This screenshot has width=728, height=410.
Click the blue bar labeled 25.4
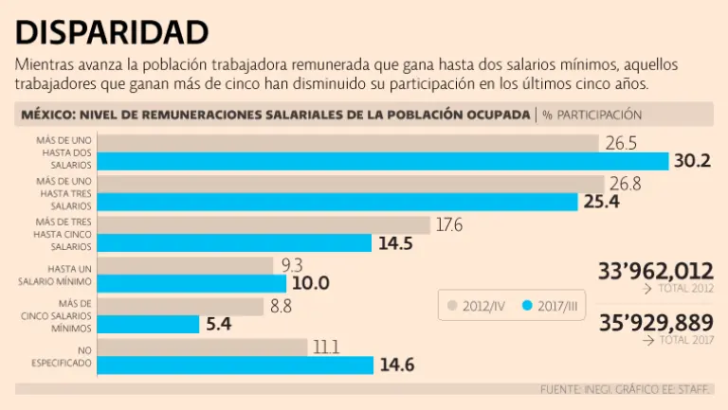click(337, 202)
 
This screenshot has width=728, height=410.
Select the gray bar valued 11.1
click(203, 348)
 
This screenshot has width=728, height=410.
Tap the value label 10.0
click(311, 283)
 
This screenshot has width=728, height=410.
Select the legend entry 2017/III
click(552, 305)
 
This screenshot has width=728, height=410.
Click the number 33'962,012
click(655, 272)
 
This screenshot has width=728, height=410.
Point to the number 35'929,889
click(655, 322)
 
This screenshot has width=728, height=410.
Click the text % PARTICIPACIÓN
click(591, 115)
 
